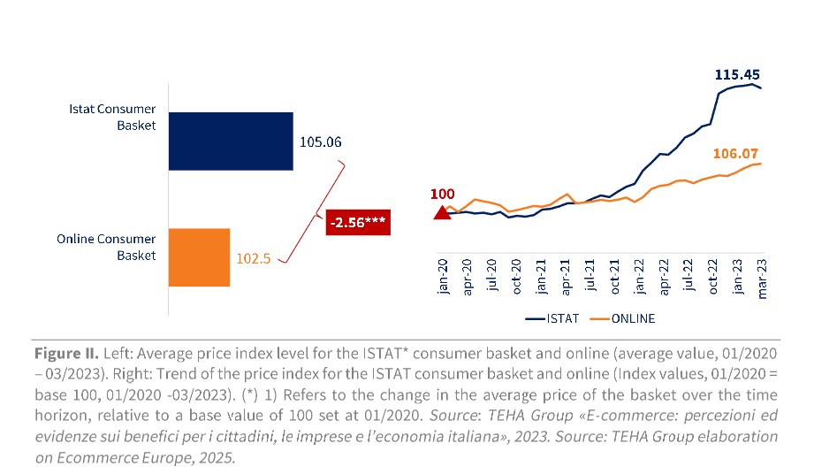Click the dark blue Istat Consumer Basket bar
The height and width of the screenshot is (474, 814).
pos(230,141)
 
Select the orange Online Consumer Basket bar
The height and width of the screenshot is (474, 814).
pos(199,257)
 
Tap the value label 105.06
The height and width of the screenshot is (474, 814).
pos(320,142)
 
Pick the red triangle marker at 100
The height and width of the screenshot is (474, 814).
pos(441,211)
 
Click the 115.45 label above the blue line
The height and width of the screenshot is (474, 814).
pos(737,75)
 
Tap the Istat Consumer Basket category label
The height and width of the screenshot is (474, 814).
pos(113,117)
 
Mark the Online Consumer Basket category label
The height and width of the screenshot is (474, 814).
pos(107,248)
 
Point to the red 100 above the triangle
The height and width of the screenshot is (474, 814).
pos(442,193)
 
